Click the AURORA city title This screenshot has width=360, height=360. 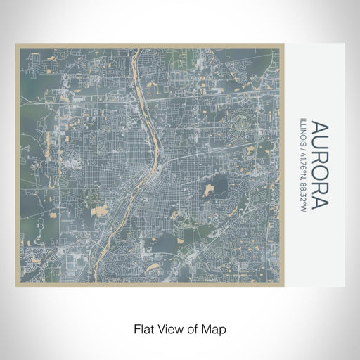320,166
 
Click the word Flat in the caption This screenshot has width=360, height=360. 143,328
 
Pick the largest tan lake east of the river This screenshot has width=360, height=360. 210,189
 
